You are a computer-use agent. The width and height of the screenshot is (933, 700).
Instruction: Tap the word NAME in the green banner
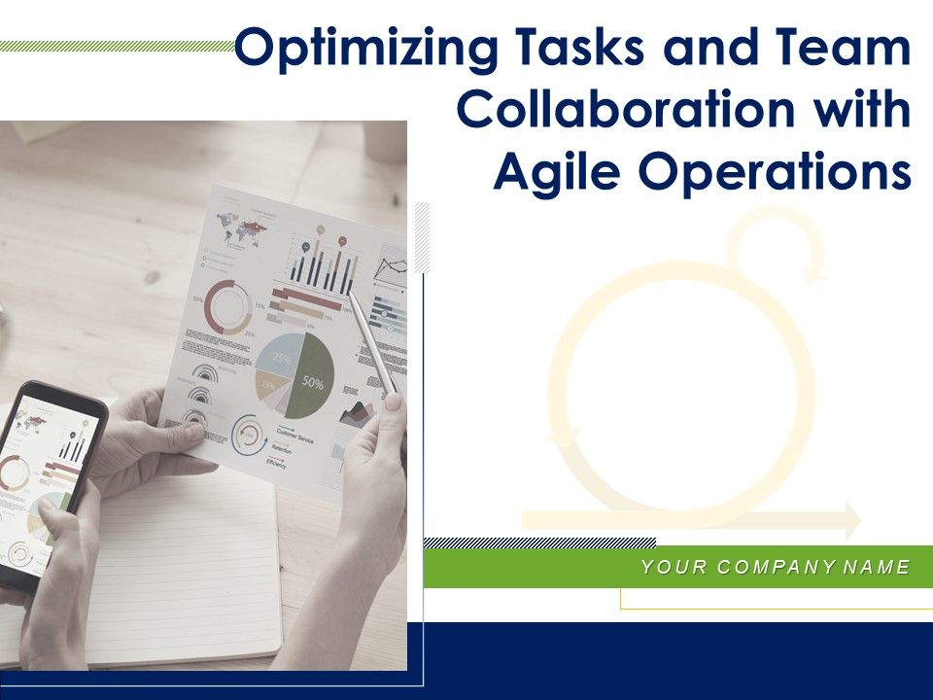pos(877,567)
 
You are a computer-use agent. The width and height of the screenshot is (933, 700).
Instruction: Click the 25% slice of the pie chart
pos(282,358)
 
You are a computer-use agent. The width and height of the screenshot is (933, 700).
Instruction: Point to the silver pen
pos(373,346)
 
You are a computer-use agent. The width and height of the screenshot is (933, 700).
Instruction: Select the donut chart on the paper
pos(227,306)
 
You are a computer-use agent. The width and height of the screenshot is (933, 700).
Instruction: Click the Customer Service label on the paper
pos(295,435)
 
